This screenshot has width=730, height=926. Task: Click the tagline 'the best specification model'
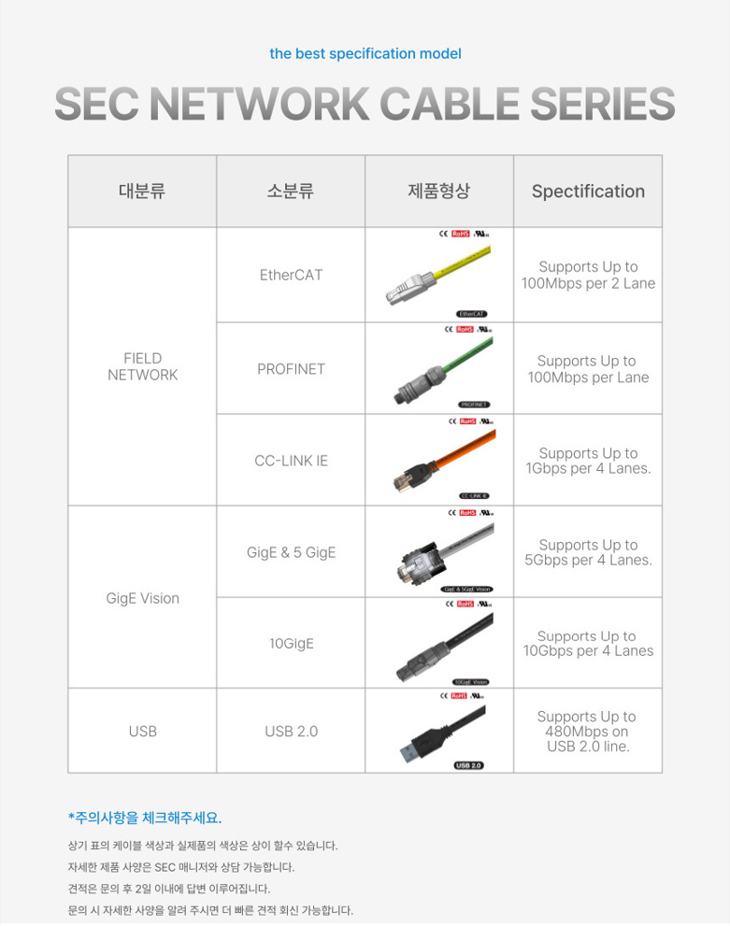[365, 53]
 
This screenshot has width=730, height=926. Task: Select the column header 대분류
[141, 192]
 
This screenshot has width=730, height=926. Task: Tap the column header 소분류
[290, 192]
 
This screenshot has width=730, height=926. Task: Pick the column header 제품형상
[438, 192]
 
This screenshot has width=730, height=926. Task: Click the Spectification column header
[588, 192]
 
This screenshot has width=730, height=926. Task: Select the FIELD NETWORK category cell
[142, 366]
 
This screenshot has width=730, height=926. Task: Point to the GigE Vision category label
[142, 598]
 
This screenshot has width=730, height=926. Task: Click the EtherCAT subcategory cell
[291, 276]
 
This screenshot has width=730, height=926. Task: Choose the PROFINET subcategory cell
[291, 369]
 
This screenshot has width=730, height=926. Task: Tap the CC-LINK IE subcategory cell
[291, 461]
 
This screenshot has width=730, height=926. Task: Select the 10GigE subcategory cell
[291, 644]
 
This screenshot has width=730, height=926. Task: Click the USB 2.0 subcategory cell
[291, 731]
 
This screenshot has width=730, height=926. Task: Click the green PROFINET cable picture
[438, 369]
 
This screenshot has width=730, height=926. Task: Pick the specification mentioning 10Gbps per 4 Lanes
[587, 644]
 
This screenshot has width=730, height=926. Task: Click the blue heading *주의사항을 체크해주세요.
[145, 818]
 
